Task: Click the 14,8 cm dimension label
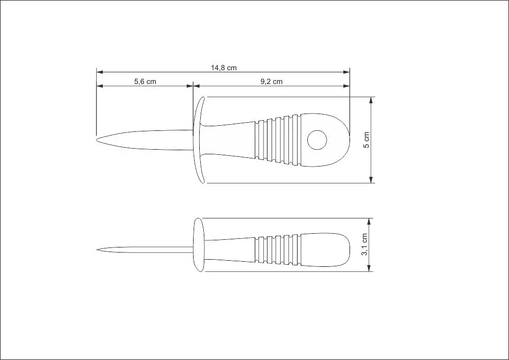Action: coord(224,68)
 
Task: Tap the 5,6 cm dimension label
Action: coord(145,81)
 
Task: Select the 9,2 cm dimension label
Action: coord(272,81)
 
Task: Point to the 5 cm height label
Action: coord(366,140)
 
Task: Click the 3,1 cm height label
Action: coord(364,244)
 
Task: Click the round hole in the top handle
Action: coord(317,140)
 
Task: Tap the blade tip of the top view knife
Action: coord(97,140)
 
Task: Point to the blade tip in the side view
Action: coord(97,250)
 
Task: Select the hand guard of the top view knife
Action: coord(198,140)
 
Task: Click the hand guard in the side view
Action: coord(199,245)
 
